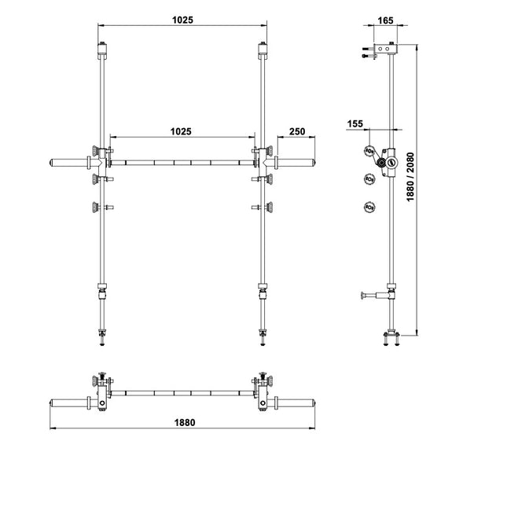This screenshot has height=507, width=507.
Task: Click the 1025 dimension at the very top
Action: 182,20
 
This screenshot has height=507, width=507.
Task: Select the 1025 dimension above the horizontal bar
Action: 181,131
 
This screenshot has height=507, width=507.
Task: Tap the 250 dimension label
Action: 297,131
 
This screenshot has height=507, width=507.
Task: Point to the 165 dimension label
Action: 385,20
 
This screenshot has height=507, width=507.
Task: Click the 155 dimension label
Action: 355,124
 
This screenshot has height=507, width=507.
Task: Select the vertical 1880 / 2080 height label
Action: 410,177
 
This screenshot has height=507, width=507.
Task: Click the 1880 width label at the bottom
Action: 185,423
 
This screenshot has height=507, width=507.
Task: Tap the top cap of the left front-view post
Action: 102,50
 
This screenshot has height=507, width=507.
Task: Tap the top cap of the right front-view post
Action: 263,50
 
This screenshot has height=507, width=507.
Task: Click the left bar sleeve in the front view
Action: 70,162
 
